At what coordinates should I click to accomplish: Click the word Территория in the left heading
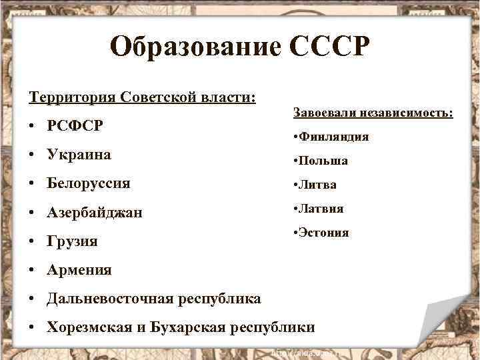(x=72, y=97)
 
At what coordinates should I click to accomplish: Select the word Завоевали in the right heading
(x=323, y=113)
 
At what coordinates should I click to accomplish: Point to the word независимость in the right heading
(x=404, y=113)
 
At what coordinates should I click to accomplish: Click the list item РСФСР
(x=75, y=126)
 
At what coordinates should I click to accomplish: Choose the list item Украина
(x=79, y=155)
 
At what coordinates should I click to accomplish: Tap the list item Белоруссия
(x=89, y=183)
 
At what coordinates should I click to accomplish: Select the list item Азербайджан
(x=94, y=213)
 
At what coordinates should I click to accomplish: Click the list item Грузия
(x=72, y=241)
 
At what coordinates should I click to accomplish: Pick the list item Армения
(x=79, y=270)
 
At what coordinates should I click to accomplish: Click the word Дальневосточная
(x=111, y=299)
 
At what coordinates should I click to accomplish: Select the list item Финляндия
(x=334, y=137)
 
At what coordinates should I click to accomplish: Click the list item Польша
(x=323, y=161)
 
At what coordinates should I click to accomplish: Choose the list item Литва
(x=317, y=185)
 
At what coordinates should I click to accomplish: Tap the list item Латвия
(x=321, y=209)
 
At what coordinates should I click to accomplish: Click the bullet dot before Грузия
(x=33, y=241)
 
